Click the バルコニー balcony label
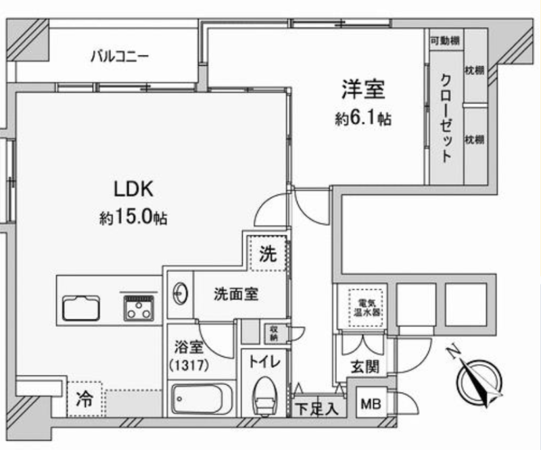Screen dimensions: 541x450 point(120,57)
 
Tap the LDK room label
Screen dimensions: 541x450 point(133,189)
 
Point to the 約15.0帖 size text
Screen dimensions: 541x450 point(133,217)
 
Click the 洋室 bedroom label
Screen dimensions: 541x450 point(363,89)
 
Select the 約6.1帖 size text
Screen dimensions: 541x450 point(363,118)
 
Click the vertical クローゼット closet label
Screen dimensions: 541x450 point(446,118)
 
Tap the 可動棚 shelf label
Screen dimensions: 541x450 point(445,41)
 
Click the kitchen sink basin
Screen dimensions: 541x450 point(81,308)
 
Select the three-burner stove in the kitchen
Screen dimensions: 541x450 point(139,307)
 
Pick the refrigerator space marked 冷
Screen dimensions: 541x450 point(85,399)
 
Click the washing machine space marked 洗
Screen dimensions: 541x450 point(268,254)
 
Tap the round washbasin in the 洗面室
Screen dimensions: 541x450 point(180,294)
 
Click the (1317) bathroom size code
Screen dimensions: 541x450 point(189,365)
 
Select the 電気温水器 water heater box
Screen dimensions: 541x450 point(366,308)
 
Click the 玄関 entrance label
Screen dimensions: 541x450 point(365,367)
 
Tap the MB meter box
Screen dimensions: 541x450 point(371,403)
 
